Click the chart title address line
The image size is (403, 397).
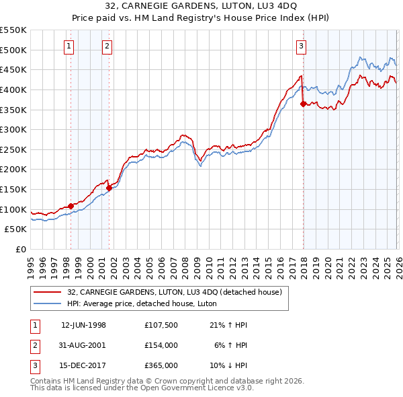201,6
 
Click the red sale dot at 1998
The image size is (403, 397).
71,206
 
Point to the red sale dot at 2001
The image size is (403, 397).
109,188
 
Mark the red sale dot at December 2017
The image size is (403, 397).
303,104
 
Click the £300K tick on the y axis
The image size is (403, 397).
13,129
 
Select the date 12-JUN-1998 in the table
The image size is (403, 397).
83,325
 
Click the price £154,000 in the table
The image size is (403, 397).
161,345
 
